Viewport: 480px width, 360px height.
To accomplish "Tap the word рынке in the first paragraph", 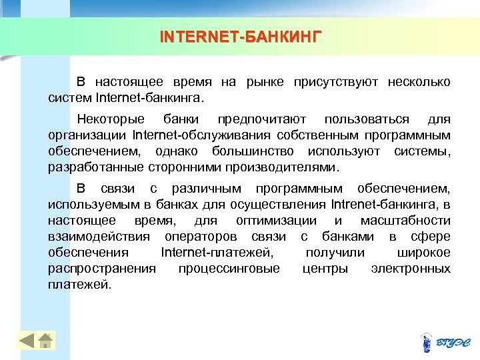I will point(265,82).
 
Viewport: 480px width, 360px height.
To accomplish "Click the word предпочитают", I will point(261,119).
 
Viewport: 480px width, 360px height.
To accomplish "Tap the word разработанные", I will point(89,167).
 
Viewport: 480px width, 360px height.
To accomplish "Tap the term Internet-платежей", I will point(217,252).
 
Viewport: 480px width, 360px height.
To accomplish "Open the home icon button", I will point(45,341).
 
